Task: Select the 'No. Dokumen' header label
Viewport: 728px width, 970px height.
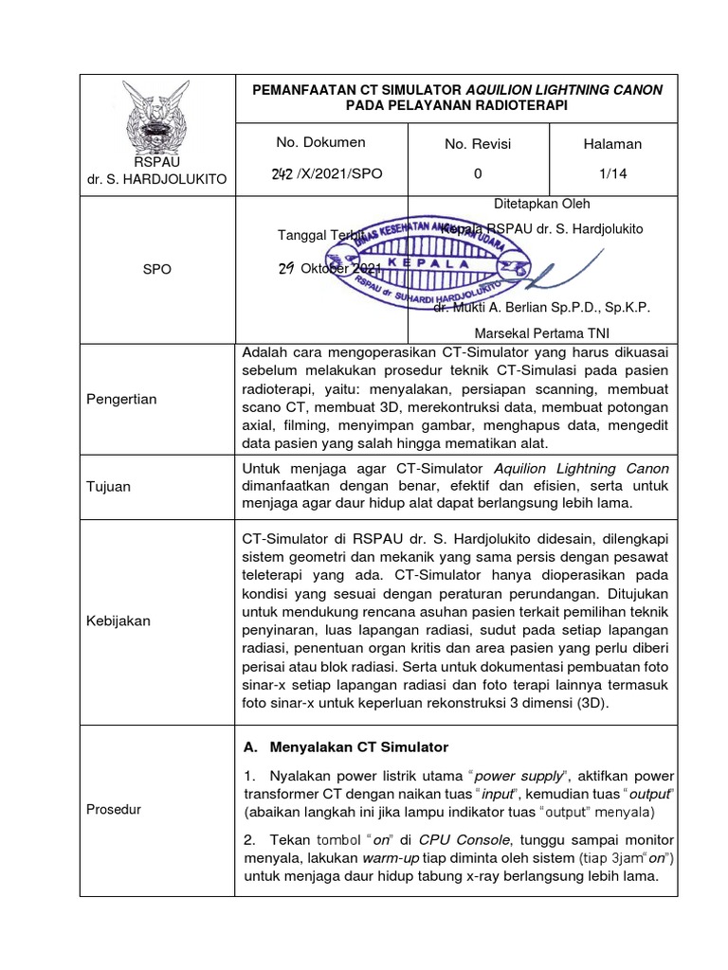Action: pyautogui.click(x=320, y=143)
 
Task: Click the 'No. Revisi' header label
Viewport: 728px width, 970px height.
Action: pyautogui.click(x=478, y=144)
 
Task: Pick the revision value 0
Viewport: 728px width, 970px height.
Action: pyautogui.click(x=478, y=173)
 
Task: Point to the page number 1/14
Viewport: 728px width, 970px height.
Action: pyautogui.click(x=612, y=173)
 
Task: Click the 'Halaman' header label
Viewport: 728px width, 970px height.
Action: pyautogui.click(x=612, y=144)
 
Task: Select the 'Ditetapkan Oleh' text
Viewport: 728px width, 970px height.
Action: pyautogui.click(x=542, y=204)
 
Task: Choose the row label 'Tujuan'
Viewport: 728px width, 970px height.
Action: pyautogui.click(x=109, y=486)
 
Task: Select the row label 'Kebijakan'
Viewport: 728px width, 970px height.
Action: pyautogui.click(x=118, y=620)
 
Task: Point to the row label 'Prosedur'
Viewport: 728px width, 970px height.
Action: pyautogui.click(x=114, y=809)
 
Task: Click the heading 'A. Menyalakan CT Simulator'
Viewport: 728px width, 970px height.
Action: pyautogui.click(x=345, y=746)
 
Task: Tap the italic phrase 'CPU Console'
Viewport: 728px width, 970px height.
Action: pyautogui.click(x=467, y=839)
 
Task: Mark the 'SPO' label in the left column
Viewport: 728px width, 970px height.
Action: pyautogui.click(x=156, y=269)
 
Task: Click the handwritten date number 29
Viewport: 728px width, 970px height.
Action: pyautogui.click(x=285, y=268)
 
